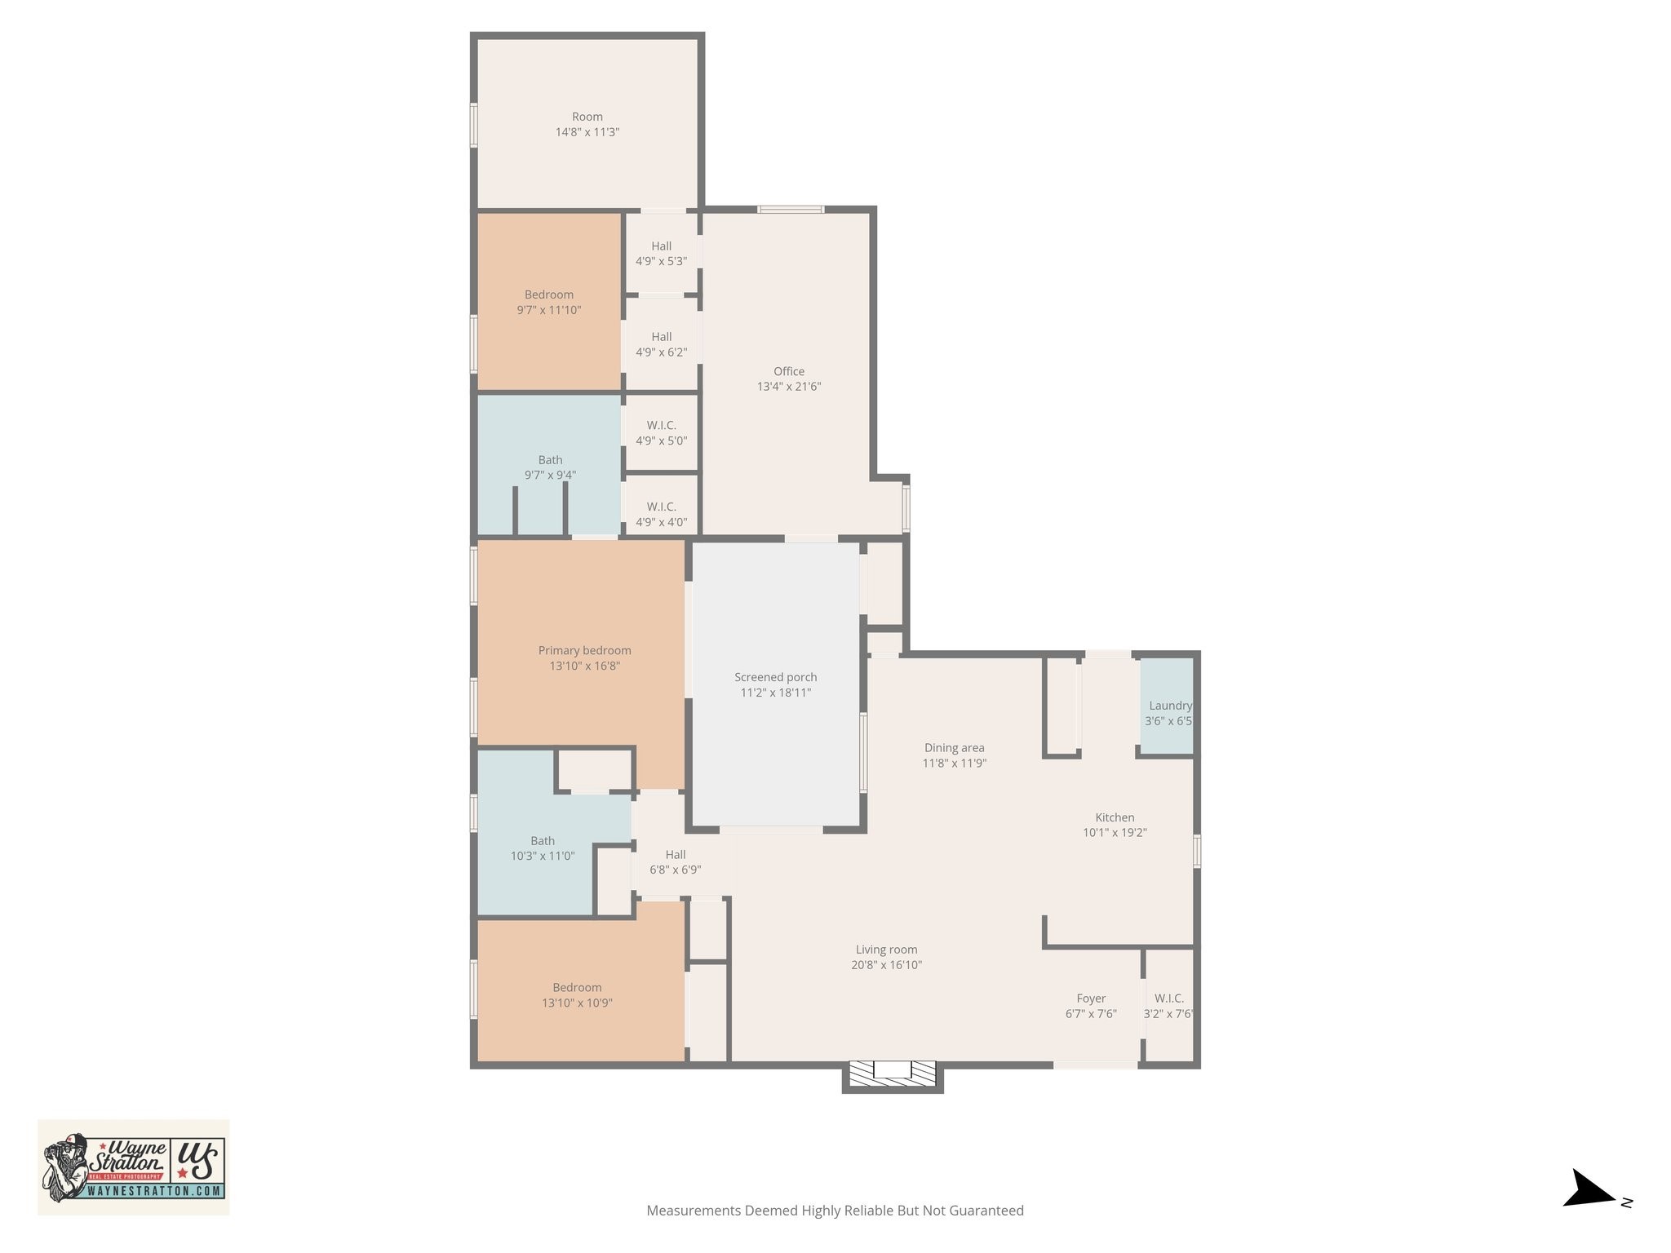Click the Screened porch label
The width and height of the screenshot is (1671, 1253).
coord(775,677)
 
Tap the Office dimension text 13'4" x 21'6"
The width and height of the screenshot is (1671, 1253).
coord(788,387)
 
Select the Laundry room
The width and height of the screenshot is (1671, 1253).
coord(1167,706)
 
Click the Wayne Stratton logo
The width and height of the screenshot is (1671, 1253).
coord(133,1167)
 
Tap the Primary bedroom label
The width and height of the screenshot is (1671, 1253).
coord(584,650)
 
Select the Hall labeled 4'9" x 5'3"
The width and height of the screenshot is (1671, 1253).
coord(661,254)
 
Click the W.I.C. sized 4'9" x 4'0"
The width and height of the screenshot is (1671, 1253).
coord(661,514)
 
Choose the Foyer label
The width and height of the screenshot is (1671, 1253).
coord(1091,998)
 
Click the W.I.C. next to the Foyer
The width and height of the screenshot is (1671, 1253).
coord(1168,1006)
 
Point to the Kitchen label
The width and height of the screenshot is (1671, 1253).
coord(1115,817)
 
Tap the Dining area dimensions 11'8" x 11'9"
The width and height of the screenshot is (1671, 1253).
coord(954,764)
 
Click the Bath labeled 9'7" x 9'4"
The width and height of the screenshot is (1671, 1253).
coord(550,467)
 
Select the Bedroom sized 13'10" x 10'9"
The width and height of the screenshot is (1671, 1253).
coord(577,995)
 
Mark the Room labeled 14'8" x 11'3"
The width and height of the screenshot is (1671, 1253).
coord(587,124)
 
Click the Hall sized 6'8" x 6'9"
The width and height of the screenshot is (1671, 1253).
coord(675,862)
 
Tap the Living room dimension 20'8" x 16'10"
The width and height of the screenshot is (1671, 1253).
coord(886,965)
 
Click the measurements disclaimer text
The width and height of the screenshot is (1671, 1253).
coord(835,1211)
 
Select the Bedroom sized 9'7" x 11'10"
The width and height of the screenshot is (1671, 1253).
coord(549,302)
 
